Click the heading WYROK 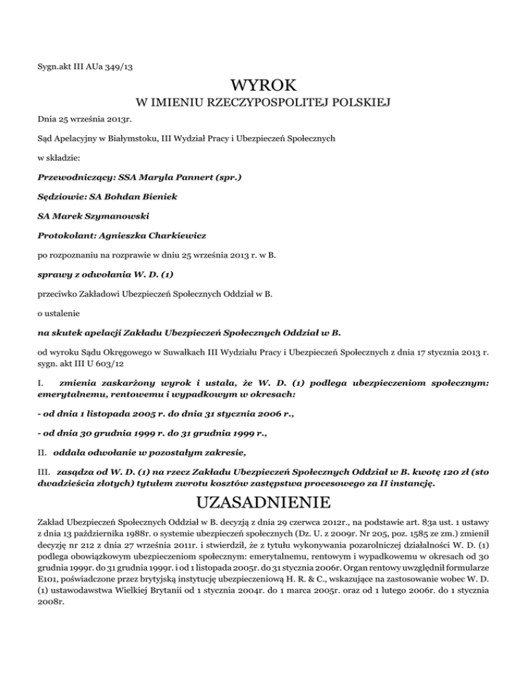coord(263,87)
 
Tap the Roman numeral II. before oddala coord(45,451)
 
